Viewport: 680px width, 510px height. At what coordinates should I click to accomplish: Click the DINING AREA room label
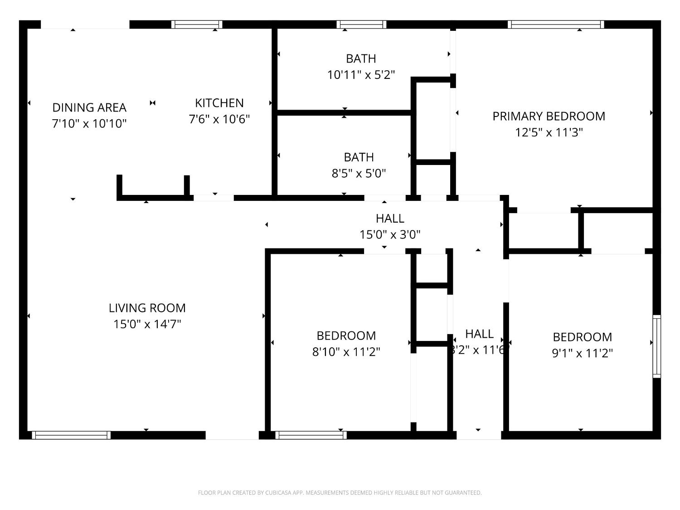[x=89, y=107]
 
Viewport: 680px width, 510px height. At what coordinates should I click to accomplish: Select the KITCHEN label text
[x=219, y=103]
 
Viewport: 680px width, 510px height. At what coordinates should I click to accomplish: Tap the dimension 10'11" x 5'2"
[x=361, y=75]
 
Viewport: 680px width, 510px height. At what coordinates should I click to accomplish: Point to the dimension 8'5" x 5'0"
[x=359, y=173]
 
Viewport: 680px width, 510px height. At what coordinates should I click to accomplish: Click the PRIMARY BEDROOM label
[x=549, y=116]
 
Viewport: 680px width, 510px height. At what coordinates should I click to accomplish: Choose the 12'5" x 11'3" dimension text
[x=549, y=132]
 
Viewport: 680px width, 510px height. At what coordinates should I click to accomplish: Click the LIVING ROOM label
[x=147, y=308]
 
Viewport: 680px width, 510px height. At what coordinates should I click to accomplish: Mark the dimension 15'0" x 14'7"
[x=147, y=324]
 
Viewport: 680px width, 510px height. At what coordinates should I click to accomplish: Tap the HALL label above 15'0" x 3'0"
[x=390, y=219]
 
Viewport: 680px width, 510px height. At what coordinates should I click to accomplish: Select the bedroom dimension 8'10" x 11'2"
[x=346, y=352]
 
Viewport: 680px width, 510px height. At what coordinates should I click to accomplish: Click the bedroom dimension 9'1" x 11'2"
[x=582, y=353]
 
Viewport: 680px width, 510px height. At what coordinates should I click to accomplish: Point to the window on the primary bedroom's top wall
[x=556, y=24]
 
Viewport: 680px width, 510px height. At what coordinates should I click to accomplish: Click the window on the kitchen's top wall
[x=197, y=24]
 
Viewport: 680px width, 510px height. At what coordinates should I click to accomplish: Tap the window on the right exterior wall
[x=656, y=346]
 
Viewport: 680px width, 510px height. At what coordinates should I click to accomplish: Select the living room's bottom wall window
[x=71, y=435]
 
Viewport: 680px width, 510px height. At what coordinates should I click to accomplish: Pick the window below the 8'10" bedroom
[x=311, y=435]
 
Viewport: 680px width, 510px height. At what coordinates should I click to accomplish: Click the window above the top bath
[x=361, y=24]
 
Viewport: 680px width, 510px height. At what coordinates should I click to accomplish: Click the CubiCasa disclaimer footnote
[x=340, y=493]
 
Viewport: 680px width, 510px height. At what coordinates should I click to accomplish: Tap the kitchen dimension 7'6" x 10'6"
[x=219, y=119]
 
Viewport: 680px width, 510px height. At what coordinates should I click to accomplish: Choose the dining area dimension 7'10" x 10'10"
[x=89, y=123]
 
